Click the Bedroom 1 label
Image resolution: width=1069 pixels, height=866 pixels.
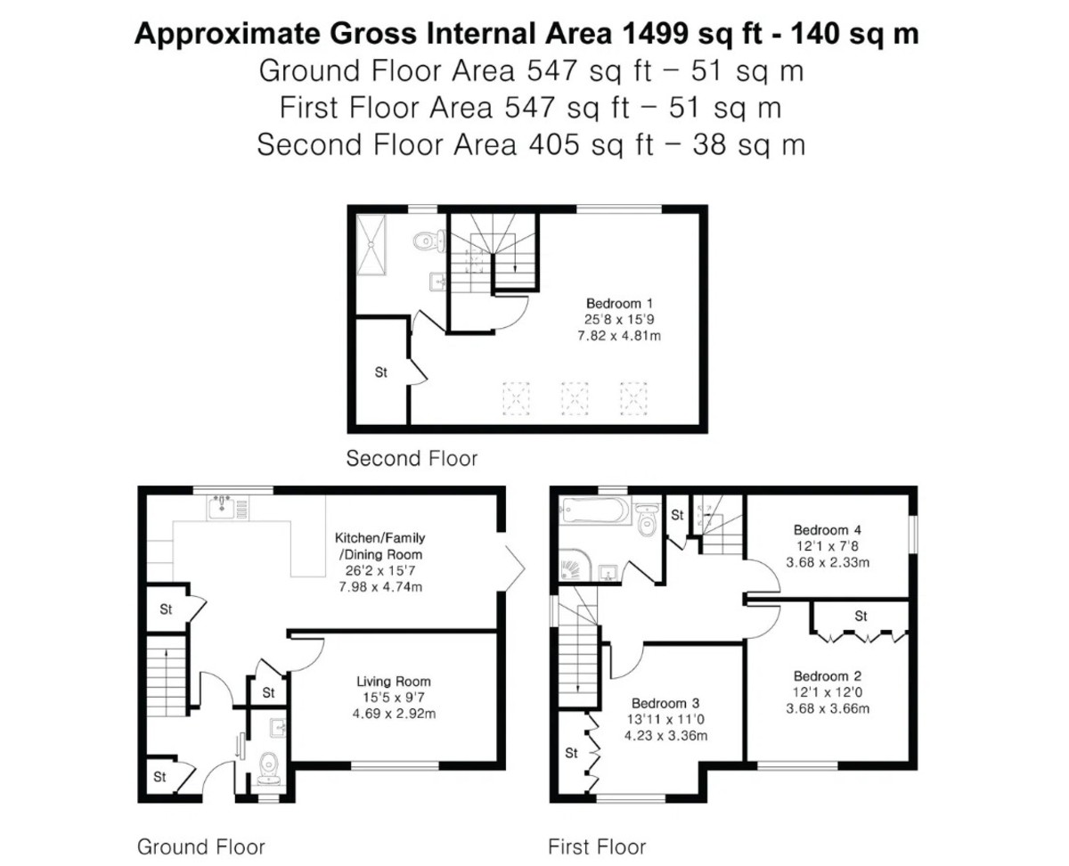tap(619, 304)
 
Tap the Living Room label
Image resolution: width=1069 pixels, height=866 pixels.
tap(394, 682)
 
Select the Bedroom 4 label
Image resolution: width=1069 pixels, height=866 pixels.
tap(827, 530)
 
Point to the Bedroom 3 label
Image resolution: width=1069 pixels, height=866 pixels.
tap(665, 703)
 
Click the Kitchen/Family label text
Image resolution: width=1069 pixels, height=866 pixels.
tap(379, 538)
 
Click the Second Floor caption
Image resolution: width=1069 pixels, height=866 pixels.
tap(412, 458)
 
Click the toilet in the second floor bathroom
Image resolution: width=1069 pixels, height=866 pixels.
tap(430, 241)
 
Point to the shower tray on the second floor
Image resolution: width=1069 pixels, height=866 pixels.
tap(371, 245)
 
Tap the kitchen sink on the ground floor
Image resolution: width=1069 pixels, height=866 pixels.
tap(222, 507)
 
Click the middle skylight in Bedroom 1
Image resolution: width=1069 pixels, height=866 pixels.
tap(575, 398)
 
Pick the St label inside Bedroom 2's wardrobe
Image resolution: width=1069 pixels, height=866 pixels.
tap(861, 616)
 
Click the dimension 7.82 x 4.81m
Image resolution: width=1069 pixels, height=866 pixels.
tap(619, 336)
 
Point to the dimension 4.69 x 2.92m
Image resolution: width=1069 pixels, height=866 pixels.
tap(394, 714)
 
